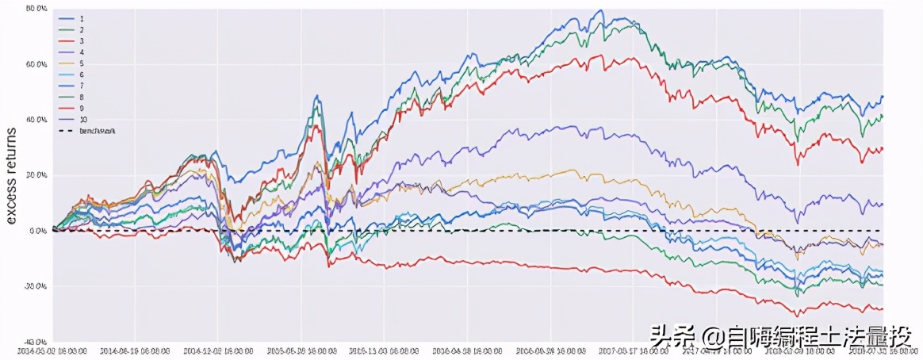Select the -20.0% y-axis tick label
coord(36,286)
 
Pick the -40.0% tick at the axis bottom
coord(36,341)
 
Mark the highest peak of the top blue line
coord(603,10)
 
